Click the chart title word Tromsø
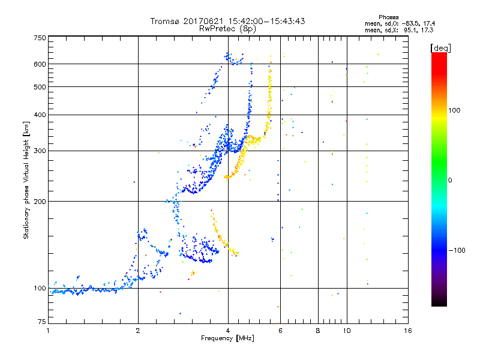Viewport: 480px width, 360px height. pyautogui.click(x=164, y=21)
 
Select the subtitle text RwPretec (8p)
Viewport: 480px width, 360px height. pyautogui.click(x=228, y=28)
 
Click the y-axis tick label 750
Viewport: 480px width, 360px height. pyautogui.click(x=40, y=38)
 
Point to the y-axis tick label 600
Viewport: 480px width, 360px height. pyautogui.click(x=40, y=64)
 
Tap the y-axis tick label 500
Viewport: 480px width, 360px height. pyautogui.click(x=40, y=87)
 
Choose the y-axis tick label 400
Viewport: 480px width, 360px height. pyautogui.click(x=40, y=115)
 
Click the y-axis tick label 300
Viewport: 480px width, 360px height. pyautogui.click(x=40, y=151)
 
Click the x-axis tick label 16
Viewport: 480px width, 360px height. pyautogui.click(x=408, y=331)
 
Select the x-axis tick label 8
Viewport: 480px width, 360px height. pyautogui.click(x=318, y=331)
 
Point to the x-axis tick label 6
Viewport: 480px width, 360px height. pyautogui.click(x=280, y=331)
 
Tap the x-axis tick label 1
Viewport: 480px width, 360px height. pyautogui.click(x=48, y=331)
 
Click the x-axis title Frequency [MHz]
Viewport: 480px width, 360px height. pyautogui.click(x=227, y=338)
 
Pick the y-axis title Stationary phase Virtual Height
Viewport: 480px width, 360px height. pyautogui.click(x=26, y=180)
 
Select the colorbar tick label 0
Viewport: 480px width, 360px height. pyautogui.click(x=449, y=180)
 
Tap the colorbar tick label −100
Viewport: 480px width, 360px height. pyautogui.click(x=457, y=250)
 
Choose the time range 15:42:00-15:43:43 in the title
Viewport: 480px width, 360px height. pyautogui.click(x=263, y=21)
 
